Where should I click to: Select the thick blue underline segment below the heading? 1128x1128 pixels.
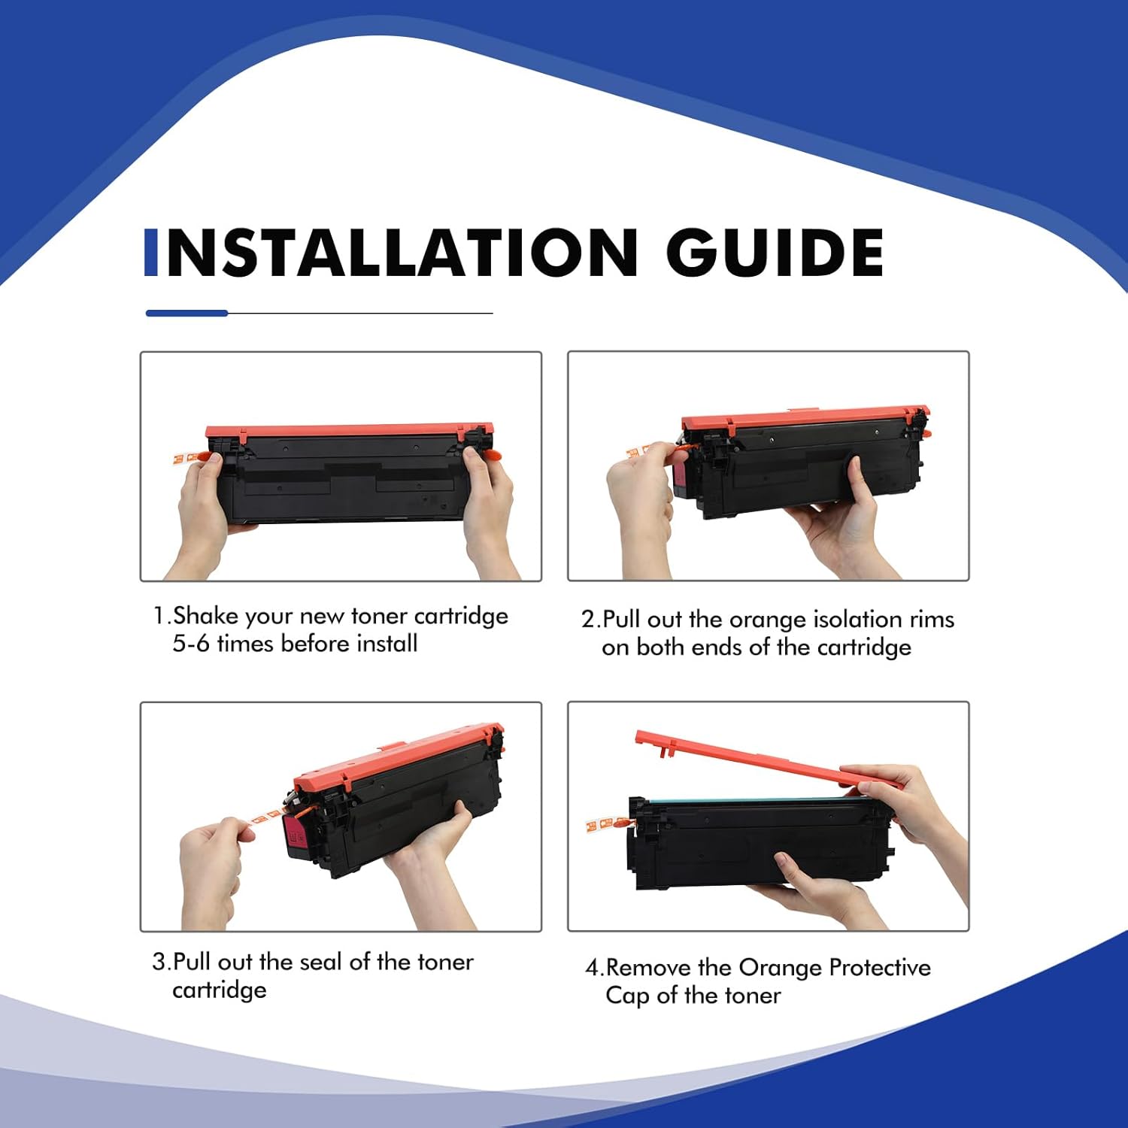point(186,313)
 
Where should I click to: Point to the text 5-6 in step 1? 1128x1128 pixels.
point(191,644)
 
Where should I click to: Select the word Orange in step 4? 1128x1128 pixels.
point(781,969)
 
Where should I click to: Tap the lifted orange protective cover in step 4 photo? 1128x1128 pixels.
point(767,759)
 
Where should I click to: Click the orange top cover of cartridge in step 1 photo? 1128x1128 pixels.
point(350,432)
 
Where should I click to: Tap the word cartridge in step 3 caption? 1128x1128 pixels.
point(220,990)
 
